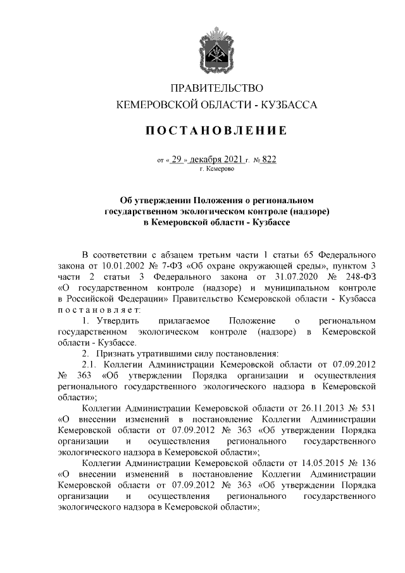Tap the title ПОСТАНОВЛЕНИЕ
tap(217, 131)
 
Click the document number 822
tap(268, 160)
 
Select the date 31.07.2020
tap(290, 276)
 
